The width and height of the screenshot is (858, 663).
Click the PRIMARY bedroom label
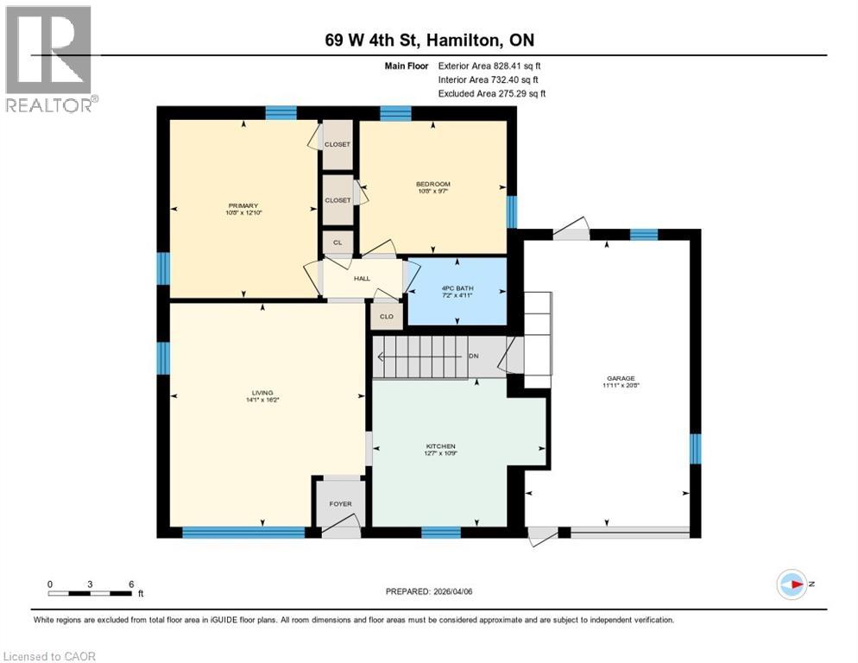pyautogui.click(x=243, y=205)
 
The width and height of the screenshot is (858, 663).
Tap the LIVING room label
pyautogui.click(x=262, y=392)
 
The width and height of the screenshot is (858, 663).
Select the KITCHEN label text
pyautogui.click(x=440, y=446)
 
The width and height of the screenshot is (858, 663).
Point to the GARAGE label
pyautogui.click(x=621, y=378)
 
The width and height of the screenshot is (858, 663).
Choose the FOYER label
pyautogui.click(x=340, y=504)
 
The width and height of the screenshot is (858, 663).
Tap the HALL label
pyautogui.click(x=362, y=279)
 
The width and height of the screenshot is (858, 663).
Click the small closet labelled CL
pyautogui.click(x=338, y=243)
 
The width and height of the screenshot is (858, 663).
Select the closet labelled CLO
pyautogui.click(x=387, y=317)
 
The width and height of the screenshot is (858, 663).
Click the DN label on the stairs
pyautogui.click(x=473, y=356)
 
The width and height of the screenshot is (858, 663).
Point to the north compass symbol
pyautogui.click(x=792, y=584)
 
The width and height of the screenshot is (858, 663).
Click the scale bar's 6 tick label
pyautogui.click(x=130, y=584)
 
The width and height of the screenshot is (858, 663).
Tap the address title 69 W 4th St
pyautogui.click(x=429, y=41)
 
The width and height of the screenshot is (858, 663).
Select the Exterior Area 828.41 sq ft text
pyautogui.click(x=489, y=66)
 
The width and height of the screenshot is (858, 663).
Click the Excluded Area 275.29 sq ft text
pyautogui.click(x=492, y=93)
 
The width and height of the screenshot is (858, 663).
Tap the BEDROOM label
pyautogui.click(x=432, y=185)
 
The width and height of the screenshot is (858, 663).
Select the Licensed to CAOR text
pyautogui.click(x=50, y=656)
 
